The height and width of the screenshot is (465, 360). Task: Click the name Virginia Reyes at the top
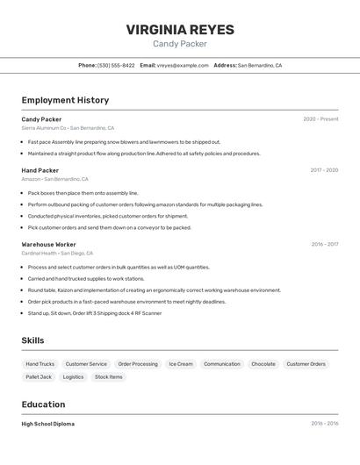point(180,29)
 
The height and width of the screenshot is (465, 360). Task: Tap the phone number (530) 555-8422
point(116,65)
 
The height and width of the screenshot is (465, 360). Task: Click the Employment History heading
point(65,100)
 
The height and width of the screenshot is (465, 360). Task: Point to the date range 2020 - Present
point(320,119)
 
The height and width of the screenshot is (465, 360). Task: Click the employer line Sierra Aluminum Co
point(68,128)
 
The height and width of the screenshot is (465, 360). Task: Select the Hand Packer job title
point(40,170)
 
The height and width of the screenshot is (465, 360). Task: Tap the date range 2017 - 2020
point(324,170)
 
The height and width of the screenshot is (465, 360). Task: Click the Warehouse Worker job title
point(48,244)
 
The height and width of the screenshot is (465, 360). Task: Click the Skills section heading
point(32,340)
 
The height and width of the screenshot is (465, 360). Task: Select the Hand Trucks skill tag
point(40,363)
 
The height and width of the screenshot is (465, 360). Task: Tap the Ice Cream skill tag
point(181,363)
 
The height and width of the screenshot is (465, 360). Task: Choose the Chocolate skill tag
point(263,363)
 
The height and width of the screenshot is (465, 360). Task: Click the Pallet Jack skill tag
point(39,376)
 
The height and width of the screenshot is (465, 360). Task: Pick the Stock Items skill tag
point(109,376)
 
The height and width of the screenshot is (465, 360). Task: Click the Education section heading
point(43,404)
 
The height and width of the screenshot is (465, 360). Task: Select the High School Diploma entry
point(48,424)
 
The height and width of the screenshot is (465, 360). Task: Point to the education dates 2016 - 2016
point(324,424)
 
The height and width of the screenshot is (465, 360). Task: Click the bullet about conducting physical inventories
point(108,216)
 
